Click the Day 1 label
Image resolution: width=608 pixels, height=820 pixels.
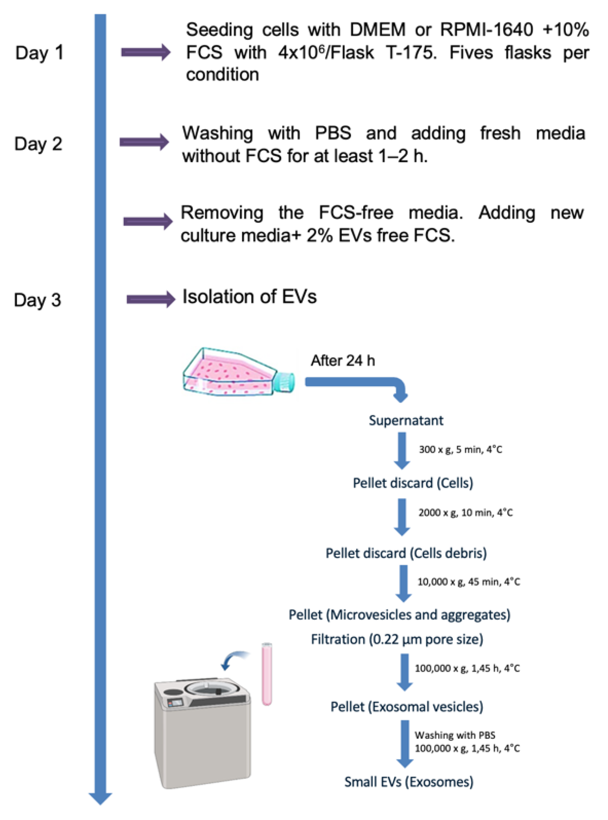pos(39,53)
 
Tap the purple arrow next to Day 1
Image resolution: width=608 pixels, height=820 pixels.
pos(145,52)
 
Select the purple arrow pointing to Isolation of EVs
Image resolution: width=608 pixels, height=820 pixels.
pos(150,299)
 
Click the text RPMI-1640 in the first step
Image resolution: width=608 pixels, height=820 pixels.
pos(486,30)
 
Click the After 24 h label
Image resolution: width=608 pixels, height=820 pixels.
pos(343,360)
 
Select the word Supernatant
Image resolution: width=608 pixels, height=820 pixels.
pos(406,420)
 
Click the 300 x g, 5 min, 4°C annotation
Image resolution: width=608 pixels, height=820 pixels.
pos(460,449)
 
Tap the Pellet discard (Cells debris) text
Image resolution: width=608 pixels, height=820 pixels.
pos(406,553)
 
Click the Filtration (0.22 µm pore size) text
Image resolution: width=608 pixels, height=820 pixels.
pos(397,639)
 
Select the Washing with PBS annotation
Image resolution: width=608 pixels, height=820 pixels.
pos(455,735)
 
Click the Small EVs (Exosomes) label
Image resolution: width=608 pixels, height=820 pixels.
pos(408,782)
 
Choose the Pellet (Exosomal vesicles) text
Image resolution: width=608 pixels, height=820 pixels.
pos(407,707)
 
